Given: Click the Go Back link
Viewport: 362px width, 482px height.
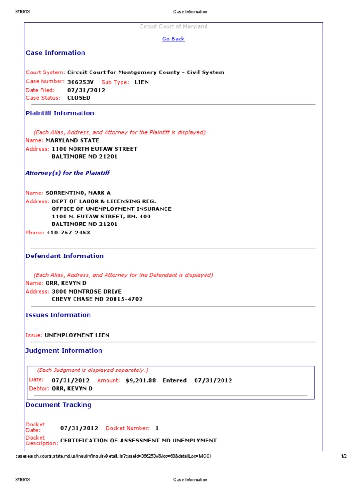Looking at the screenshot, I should click(173, 39).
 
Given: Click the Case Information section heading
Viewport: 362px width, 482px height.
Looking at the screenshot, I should click(55, 53).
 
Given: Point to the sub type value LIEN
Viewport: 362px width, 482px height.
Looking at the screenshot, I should click(141, 82).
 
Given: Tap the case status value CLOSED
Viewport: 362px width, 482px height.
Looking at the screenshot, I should click(79, 98).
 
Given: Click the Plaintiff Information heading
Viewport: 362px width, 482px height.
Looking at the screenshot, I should click(60, 113).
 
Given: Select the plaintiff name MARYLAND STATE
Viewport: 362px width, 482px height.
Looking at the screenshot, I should click(72, 140).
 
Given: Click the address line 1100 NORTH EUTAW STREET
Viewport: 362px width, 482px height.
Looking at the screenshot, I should click(94, 149).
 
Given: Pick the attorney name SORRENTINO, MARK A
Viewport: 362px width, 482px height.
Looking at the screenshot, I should click(78, 193).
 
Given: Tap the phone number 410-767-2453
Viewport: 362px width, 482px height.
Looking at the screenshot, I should click(68, 233).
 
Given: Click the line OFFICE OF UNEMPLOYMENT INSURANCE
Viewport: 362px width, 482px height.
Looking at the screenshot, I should click(111, 209).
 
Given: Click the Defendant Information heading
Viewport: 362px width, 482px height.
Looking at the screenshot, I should click(65, 256).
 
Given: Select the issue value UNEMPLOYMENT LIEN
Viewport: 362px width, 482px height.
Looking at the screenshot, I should click(77, 335).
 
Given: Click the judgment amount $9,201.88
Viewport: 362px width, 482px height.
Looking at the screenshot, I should click(141, 380).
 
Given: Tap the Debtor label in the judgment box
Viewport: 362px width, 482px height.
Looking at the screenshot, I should click(35, 389).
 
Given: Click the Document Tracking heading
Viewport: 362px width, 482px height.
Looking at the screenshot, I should click(58, 405).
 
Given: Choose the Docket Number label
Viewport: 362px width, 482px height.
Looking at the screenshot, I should click(127, 428).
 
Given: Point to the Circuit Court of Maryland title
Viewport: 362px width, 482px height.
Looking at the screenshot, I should click(173, 27).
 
